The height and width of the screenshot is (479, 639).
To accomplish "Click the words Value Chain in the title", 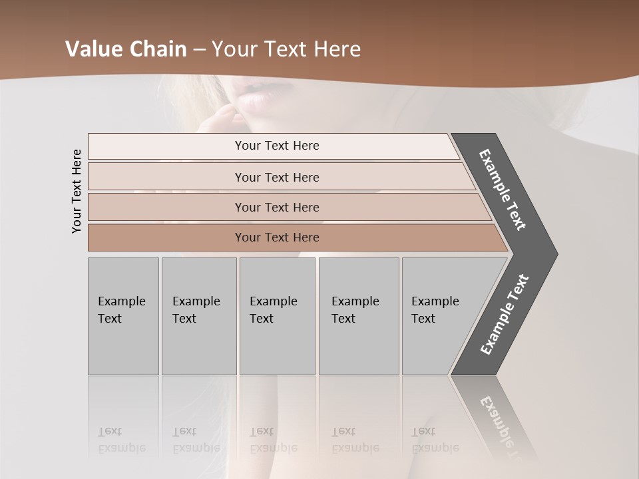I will click(126, 49).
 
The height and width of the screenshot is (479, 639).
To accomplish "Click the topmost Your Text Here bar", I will click(276, 146).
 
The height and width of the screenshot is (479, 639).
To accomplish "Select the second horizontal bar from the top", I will click(276, 177).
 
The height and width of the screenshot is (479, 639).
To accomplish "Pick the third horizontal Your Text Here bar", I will click(276, 207).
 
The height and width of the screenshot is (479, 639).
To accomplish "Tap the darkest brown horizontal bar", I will click(276, 238).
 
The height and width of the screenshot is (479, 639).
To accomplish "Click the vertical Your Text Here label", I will click(77, 191).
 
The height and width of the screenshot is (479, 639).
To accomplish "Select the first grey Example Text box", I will click(123, 316).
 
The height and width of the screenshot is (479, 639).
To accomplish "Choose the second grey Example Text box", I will click(198, 316).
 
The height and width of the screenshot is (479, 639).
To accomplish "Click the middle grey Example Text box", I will click(277, 316).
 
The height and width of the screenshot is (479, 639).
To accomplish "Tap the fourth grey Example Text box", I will click(359, 316).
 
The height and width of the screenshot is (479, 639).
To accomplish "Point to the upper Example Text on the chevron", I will click(503, 190).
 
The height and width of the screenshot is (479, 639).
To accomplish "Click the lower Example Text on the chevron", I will click(505, 314).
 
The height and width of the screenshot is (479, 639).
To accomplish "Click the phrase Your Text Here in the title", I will click(286, 49).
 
